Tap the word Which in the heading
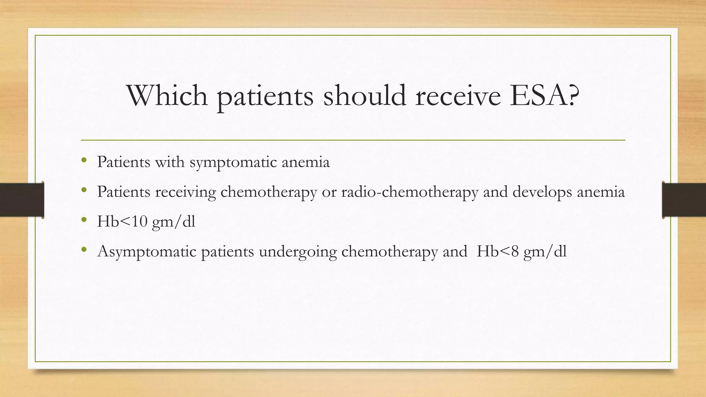pos(167,95)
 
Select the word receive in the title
pos(458,95)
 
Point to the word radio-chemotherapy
pos(410,192)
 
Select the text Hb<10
pos(122,221)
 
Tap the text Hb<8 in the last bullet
pos(497,251)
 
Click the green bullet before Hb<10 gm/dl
pos(84,220)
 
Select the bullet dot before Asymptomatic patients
pos(84,250)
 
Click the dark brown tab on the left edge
pos(22,200)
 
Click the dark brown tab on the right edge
pos(684,200)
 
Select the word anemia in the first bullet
pos(305,162)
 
